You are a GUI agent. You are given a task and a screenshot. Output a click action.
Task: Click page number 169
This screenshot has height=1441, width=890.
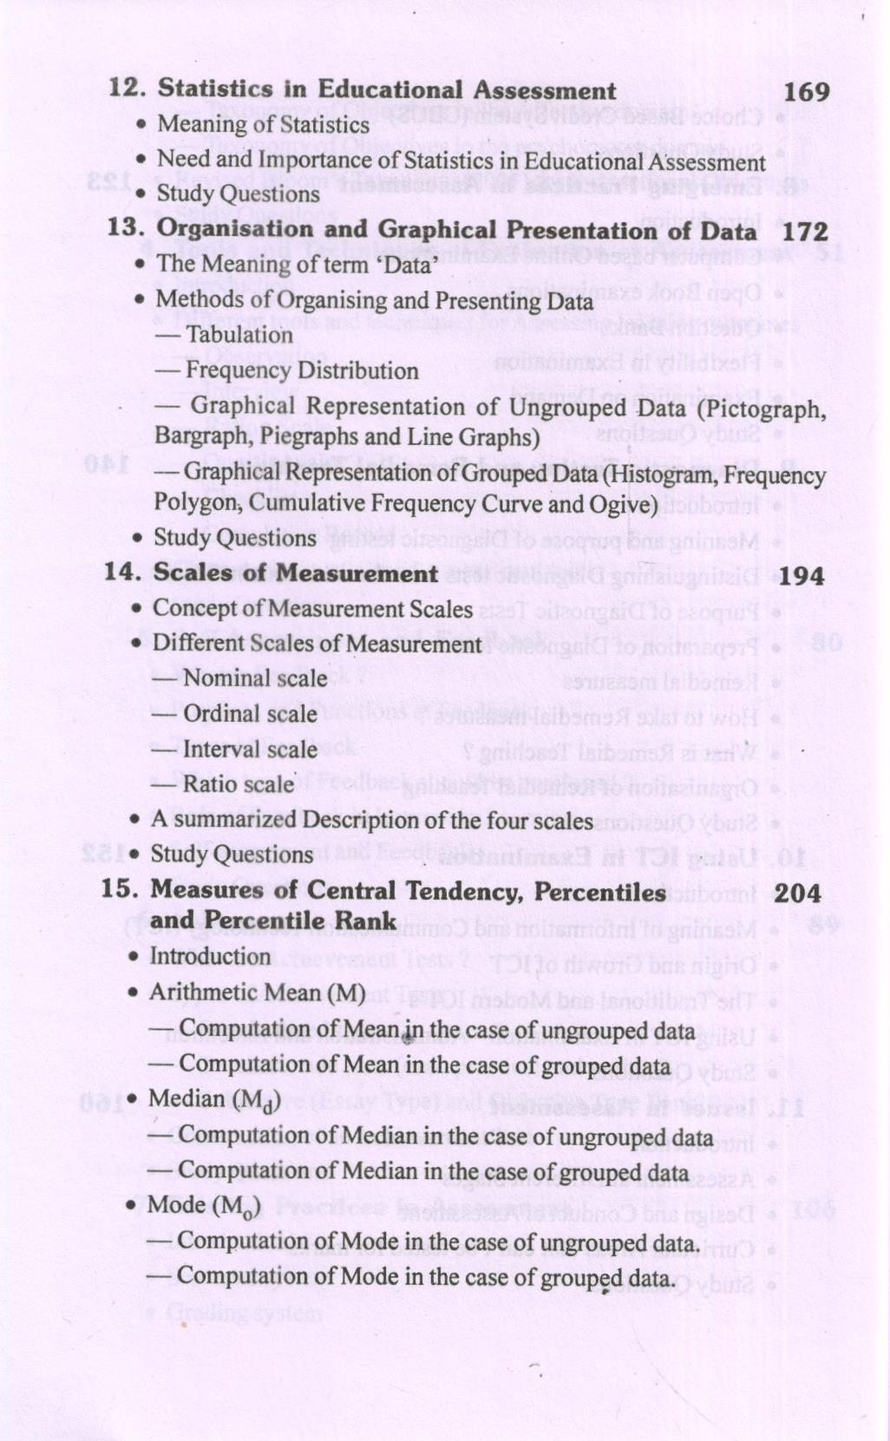pos(806,92)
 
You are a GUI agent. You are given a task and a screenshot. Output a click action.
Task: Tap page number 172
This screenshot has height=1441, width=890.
pos(805,232)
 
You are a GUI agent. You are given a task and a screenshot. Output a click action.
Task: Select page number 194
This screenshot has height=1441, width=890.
pos(801,576)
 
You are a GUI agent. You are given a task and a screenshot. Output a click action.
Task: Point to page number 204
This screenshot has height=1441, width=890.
pos(796,893)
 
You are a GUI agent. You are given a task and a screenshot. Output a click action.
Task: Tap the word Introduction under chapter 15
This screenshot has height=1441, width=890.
pos(210,956)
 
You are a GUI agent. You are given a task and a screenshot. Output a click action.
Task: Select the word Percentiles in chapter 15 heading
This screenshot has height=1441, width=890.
pos(600,891)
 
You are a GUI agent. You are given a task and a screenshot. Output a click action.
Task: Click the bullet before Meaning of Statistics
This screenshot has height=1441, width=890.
pos(141,126)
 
